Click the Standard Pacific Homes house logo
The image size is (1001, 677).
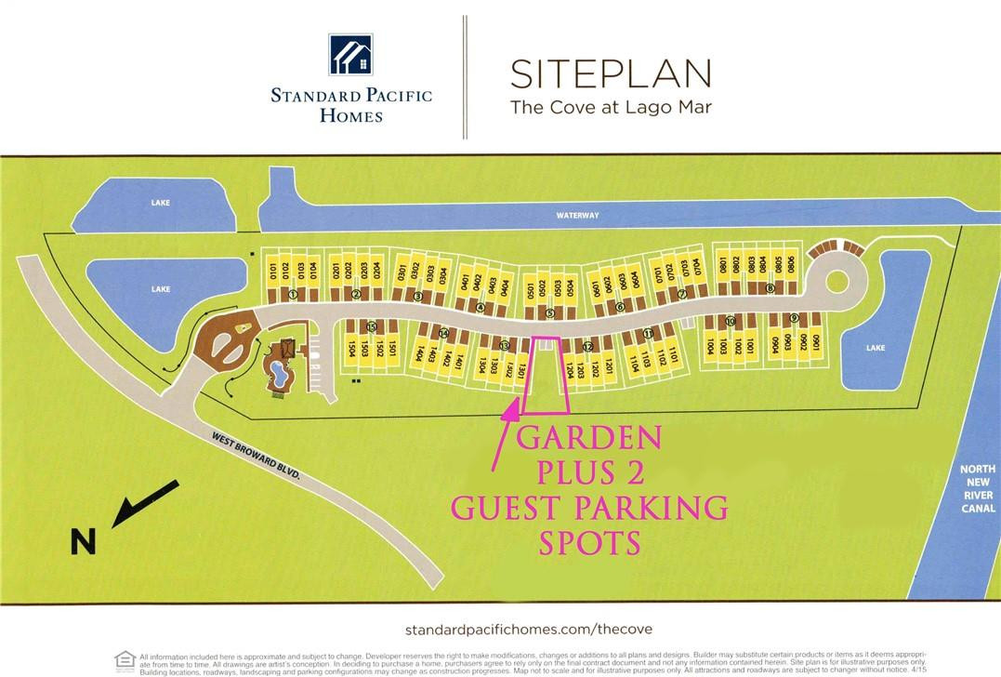tap(349, 54)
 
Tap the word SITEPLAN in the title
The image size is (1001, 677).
tap(610, 73)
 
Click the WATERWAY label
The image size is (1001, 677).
tap(577, 216)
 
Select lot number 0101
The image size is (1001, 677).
tap(274, 271)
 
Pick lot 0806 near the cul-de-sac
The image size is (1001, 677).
tap(792, 263)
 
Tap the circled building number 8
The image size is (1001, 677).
tap(770, 288)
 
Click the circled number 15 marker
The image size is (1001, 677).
tap(371, 325)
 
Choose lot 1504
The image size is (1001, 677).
tap(353, 349)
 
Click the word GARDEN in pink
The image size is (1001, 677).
tap(589, 438)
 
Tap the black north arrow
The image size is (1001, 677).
tap(145, 503)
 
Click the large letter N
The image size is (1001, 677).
tap(84, 540)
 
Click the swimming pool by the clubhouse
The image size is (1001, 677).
tap(278, 375)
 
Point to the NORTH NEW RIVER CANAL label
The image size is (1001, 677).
tap(977, 489)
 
